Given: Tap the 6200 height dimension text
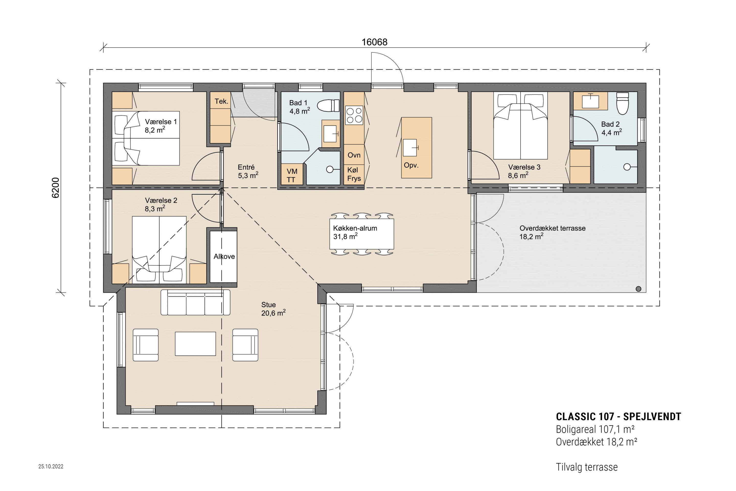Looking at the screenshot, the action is [56, 188].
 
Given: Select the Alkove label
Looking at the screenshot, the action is [224, 256].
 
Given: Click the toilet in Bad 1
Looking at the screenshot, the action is [328, 106].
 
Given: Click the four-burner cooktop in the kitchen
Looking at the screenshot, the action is [354, 115].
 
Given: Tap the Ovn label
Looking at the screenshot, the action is [354, 155].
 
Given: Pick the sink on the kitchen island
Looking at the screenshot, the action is [410, 148].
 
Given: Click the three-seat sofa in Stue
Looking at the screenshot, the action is [195, 302].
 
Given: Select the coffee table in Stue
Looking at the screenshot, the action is [195, 344].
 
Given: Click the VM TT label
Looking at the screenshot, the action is [292, 176].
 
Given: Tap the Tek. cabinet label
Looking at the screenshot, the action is [221, 101].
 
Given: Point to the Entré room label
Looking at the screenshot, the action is [246, 167].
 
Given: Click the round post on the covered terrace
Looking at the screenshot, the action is [639, 289].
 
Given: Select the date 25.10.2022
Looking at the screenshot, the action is [51, 466].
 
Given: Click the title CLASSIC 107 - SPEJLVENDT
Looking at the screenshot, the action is [618, 417].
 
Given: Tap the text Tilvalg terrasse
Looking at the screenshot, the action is [587, 467].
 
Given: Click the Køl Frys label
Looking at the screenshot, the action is [354, 174].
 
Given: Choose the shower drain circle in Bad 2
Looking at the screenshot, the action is [627, 167].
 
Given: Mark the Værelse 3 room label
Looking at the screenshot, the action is [524, 167].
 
